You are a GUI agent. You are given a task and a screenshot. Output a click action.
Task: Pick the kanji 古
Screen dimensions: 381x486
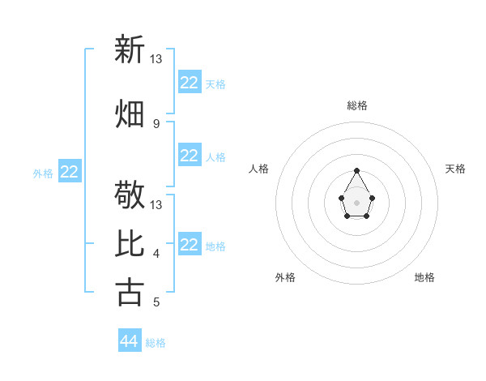[130, 292]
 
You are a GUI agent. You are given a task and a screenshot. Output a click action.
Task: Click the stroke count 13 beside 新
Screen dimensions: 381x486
[156, 58]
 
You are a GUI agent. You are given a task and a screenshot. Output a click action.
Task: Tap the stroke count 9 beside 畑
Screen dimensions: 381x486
[156, 123]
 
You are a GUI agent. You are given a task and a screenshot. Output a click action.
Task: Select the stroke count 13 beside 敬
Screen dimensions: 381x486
[156, 204]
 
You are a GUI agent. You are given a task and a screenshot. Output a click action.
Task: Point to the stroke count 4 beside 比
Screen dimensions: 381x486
[156, 254]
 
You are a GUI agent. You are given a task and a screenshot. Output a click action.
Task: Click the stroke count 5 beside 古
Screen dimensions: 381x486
[156, 302]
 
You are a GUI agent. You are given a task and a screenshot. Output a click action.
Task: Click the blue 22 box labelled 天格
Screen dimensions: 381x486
[190, 83]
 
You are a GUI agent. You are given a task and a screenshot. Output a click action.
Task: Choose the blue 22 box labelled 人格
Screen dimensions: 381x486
[190, 156]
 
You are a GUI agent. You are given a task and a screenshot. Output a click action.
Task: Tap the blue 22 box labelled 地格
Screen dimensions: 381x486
[190, 245]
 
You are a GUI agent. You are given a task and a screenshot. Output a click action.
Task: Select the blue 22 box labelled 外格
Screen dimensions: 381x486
[70, 172]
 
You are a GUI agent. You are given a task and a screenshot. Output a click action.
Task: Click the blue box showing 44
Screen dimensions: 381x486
[130, 341]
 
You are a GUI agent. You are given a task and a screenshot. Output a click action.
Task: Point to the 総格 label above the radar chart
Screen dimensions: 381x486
[357, 105]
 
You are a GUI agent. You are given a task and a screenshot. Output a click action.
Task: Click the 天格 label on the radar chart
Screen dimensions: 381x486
[456, 169]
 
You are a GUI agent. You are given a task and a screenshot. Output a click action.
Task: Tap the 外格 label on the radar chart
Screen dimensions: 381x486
[285, 277]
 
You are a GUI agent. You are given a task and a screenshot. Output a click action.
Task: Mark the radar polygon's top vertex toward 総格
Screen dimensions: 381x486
[357, 170]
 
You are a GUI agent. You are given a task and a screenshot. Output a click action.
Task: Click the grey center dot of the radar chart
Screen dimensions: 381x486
[357, 201]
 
